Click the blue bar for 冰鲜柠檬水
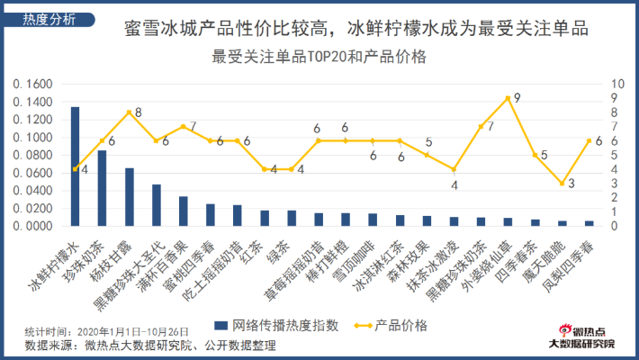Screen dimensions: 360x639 (x=75, y=166)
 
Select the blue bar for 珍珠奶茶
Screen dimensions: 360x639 (x=102, y=188)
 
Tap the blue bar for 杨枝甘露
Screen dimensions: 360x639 (x=129, y=197)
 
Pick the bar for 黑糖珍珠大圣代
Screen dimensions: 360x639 (x=156, y=205)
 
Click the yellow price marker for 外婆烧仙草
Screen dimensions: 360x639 (x=508, y=98)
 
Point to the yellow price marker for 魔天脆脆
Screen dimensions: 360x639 (x=562, y=184)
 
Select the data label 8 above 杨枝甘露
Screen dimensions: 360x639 (x=138, y=112)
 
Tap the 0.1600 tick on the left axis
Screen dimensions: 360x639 (x=34, y=85)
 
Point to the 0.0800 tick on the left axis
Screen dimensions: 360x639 (x=34, y=156)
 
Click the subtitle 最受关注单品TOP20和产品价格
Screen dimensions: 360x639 (x=319, y=57)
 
